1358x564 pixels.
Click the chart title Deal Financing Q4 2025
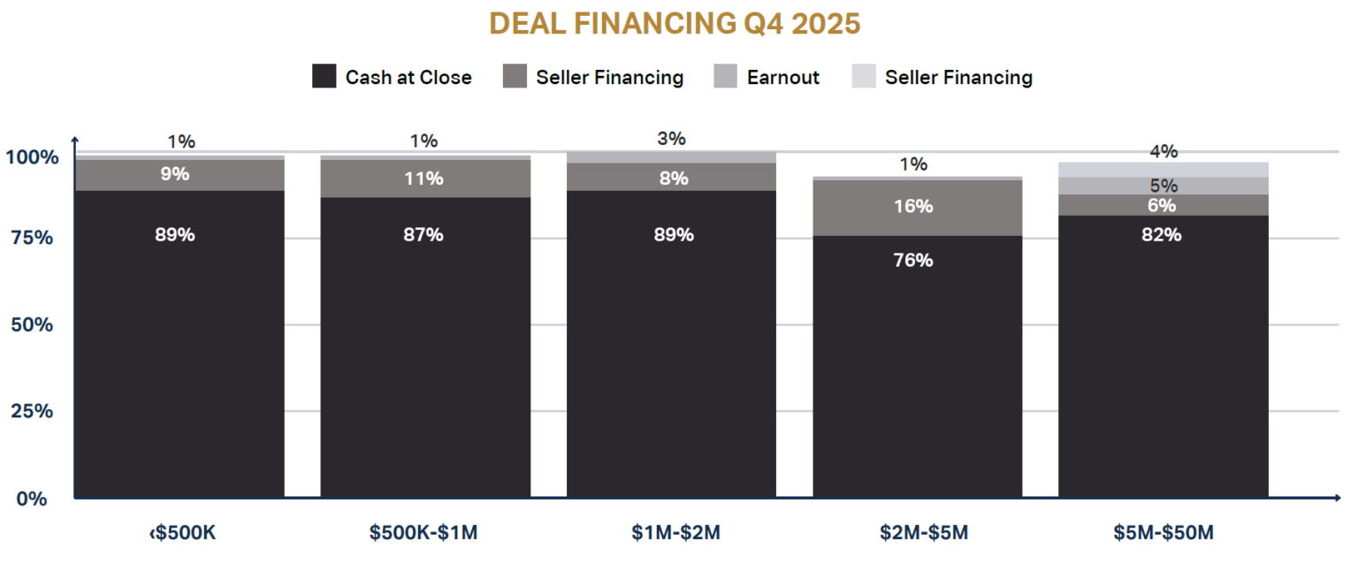click(x=675, y=24)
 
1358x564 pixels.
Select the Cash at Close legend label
click(x=408, y=77)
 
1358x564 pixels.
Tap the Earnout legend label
click(x=782, y=77)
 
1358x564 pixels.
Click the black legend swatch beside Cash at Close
click(x=324, y=77)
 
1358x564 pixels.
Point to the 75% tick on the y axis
click(x=33, y=238)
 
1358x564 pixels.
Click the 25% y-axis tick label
click(x=33, y=411)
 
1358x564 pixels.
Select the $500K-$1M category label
click(x=424, y=533)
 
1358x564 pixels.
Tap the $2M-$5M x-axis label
click(x=917, y=533)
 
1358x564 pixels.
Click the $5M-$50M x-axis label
click(x=1163, y=533)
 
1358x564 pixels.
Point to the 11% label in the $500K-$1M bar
click(x=423, y=179)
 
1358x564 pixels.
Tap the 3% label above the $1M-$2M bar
click(x=672, y=139)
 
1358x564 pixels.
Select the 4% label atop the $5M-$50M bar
click(x=1163, y=152)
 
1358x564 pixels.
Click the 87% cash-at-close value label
click(x=423, y=234)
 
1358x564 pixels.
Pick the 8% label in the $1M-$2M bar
click(x=674, y=179)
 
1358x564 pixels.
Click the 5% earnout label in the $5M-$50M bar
click(x=1163, y=187)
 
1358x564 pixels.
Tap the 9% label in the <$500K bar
click(x=175, y=174)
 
